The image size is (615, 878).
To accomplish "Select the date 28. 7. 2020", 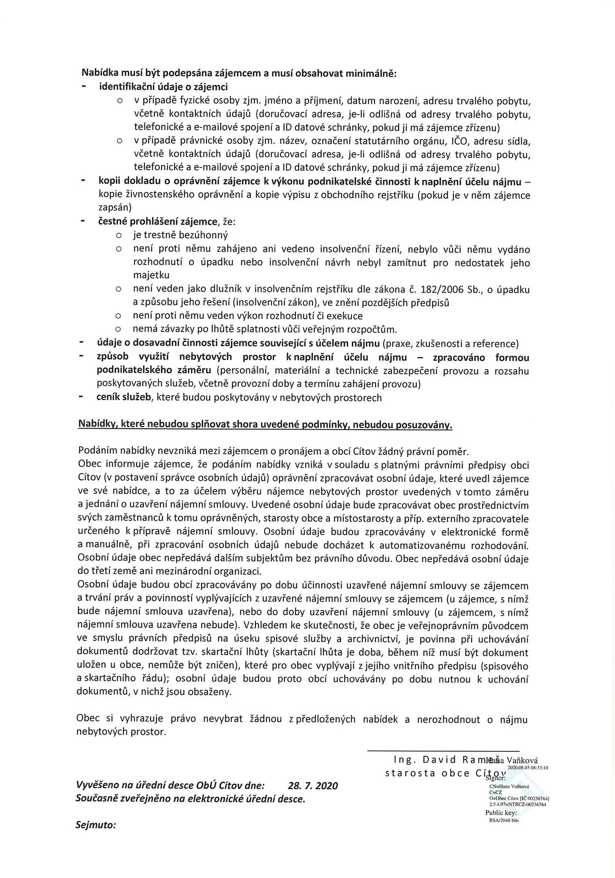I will pyautogui.click(x=313, y=785).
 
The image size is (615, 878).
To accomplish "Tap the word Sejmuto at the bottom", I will pyautogui.click(x=96, y=825).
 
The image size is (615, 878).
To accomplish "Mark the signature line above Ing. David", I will pyautogui.click(x=443, y=750).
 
